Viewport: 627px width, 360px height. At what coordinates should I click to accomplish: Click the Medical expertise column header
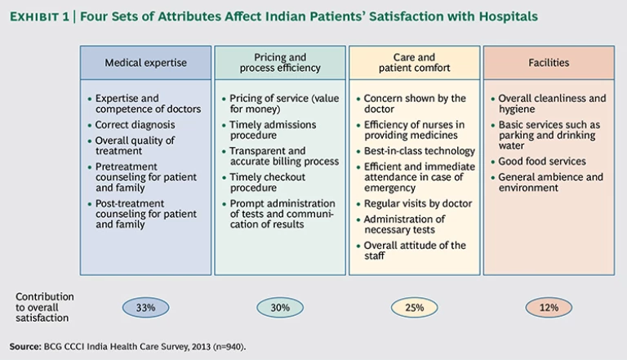[x=145, y=63]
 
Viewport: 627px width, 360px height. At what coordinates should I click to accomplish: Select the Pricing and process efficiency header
[x=279, y=63]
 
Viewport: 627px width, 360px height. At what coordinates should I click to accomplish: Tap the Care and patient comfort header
[x=414, y=63]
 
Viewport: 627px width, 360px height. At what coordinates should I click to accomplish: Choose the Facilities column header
[x=549, y=63]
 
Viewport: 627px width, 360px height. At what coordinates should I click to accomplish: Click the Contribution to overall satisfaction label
[x=45, y=307]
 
